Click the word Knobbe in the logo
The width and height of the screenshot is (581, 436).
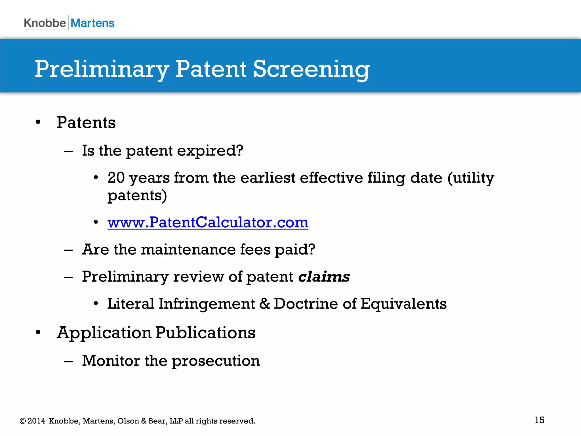coord(45,23)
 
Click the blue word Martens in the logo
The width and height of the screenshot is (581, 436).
coord(92,23)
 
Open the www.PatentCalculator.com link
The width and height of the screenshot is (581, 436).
coord(208,222)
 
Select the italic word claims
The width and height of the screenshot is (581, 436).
coord(324,276)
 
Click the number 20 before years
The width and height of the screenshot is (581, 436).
coord(116,178)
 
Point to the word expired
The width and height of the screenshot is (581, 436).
coord(210,151)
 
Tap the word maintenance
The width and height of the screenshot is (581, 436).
coord(188,250)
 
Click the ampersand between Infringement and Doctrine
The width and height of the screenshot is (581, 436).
coord(264,303)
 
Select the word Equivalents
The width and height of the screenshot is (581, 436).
coord(403,304)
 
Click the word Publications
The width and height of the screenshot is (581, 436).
coord(205,333)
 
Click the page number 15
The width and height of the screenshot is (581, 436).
coord(539,420)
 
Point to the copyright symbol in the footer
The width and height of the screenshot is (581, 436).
coord(23,421)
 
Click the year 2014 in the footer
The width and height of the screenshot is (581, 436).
coord(36,421)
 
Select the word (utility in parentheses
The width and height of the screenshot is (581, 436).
coord(471,178)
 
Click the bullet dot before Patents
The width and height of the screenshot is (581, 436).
coord(38,123)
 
